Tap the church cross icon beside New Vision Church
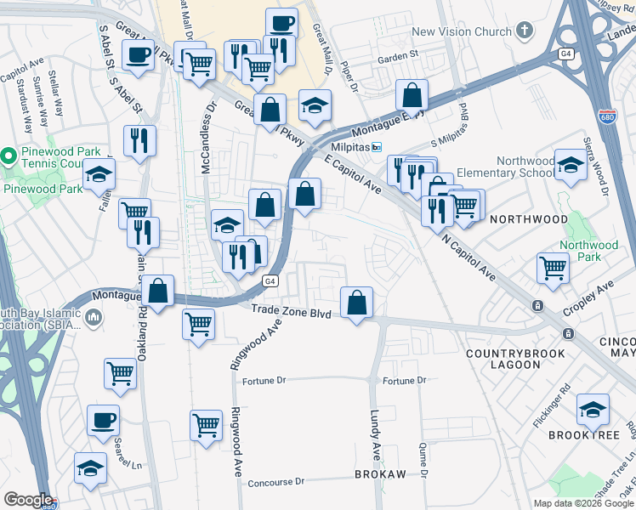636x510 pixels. (525, 32)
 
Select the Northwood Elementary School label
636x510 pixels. (491, 167)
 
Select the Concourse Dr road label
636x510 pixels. (275, 482)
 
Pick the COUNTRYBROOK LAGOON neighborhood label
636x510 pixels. (503, 358)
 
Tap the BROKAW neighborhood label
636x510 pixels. (380, 473)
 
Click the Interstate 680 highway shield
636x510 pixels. (606, 116)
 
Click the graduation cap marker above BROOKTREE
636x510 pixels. (593, 411)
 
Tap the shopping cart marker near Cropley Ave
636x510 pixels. (553, 268)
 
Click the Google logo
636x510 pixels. (28, 500)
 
